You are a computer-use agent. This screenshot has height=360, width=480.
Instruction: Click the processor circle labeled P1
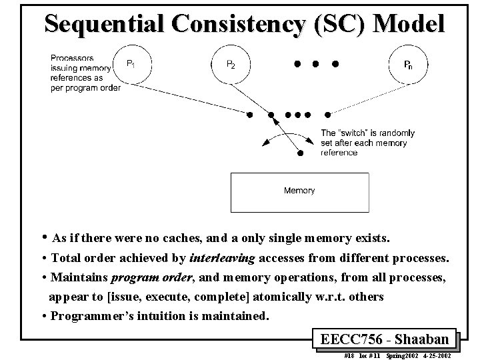(x=134, y=64)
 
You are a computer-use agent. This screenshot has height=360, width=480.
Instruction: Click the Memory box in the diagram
(x=299, y=191)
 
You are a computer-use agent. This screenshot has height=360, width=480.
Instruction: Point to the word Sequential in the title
(x=104, y=25)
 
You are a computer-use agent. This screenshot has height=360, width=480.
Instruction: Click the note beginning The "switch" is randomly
(x=367, y=143)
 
